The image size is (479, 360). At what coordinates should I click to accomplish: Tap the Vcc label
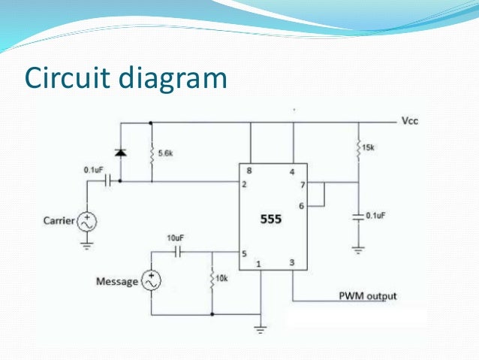coord(409,120)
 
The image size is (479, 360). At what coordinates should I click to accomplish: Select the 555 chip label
coord(271,220)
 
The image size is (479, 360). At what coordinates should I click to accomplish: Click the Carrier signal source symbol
coord(88,222)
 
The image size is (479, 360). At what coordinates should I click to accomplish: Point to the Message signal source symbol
coord(152,282)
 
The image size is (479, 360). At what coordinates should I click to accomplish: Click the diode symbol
coord(120,153)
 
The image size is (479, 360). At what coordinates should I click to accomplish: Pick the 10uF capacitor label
coord(175,238)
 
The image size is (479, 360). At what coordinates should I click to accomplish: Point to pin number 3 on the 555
coord(292,262)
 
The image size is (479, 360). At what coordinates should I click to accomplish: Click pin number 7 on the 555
coord(302,185)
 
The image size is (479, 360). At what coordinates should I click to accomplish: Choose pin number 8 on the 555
coord(249,171)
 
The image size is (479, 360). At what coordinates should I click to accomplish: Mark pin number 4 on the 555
coord(292,171)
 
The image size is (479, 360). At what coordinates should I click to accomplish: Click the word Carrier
coord(58,222)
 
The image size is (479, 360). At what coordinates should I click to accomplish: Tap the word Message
coord(117,282)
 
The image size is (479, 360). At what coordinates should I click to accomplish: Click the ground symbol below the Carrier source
coord(88,244)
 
